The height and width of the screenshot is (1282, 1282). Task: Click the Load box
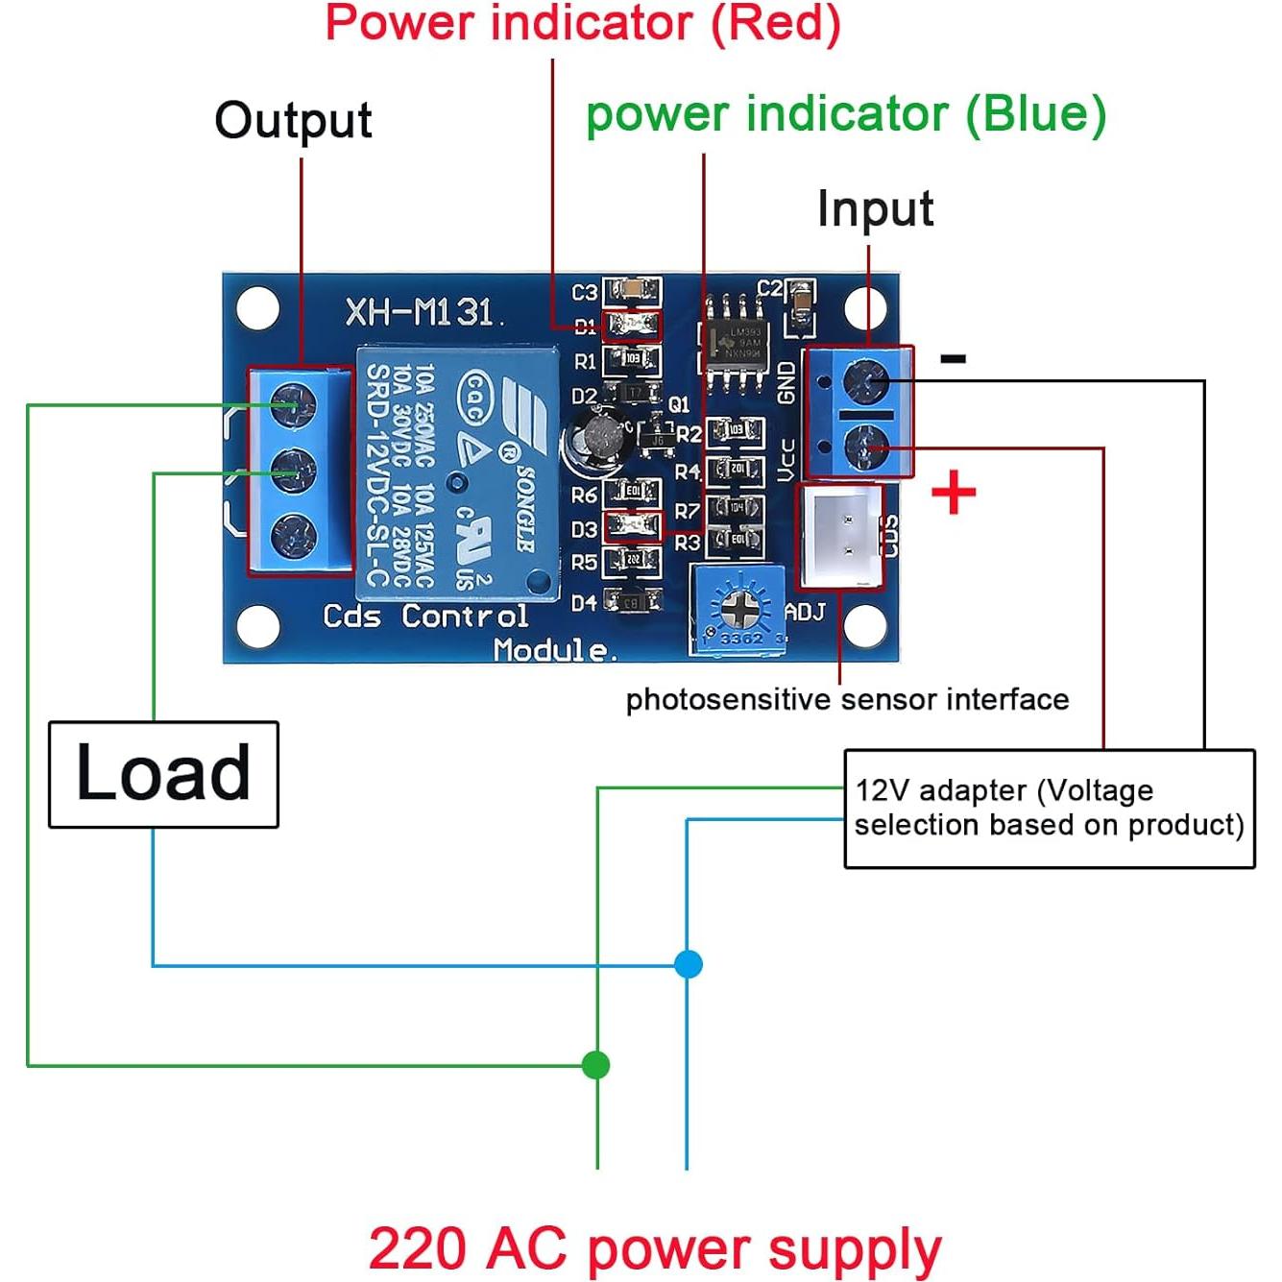[163, 774]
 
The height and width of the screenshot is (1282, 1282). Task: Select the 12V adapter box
[1049, 809]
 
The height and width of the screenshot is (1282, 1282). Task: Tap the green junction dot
[596, 1065]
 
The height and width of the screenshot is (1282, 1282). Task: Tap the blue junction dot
[688, 963]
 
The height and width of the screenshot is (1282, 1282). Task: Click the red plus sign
[954, 494]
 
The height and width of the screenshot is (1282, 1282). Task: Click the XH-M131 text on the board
[419, 312]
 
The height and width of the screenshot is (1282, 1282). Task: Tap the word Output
[293, 121]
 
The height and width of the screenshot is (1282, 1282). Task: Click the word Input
[875, 209]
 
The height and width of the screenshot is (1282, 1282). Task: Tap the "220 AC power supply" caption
[655, 1249]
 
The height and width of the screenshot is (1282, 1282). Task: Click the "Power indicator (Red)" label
[583, 23]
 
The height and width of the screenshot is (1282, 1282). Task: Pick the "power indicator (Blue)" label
[846, 114]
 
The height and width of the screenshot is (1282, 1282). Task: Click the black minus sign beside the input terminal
[953, 359]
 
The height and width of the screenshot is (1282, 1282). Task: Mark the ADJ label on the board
[805, 612]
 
